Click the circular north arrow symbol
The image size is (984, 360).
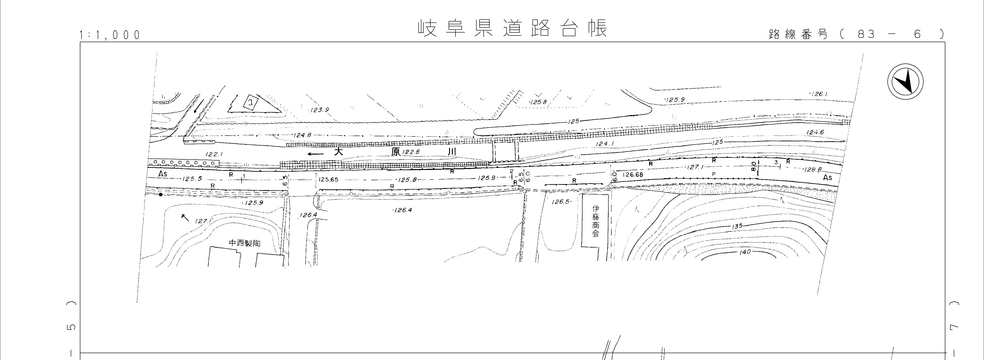tap(905, 82)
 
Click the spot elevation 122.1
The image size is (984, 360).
tap(214, 154)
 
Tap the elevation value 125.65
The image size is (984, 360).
tap(328, 180)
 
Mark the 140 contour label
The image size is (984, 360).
tap(745, 252)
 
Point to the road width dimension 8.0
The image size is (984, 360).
tap(753, 167)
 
